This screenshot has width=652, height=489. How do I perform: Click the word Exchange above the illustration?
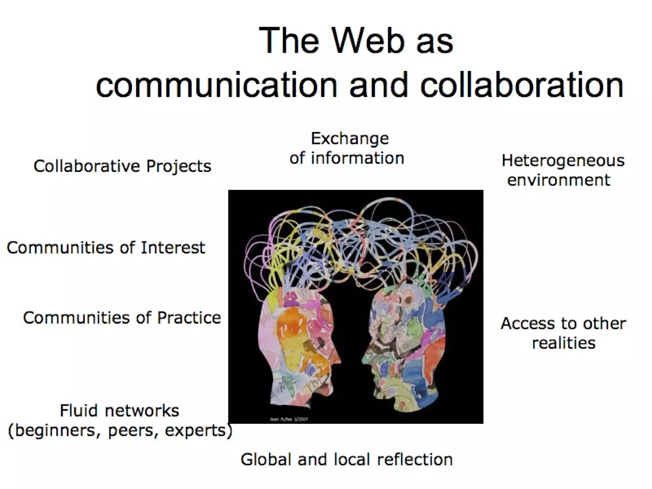pyautogui.click(x=350, y=139)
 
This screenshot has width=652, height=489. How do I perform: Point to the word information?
pyautogui.click(x=357, y=158)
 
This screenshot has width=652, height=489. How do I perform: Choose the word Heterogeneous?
pyautogui.click(x=563, y=161)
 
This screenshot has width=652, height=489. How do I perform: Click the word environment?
pyautogui.click(x=559, y=180)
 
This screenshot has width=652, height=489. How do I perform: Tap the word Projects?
pyautogui.click(x=179, y=167)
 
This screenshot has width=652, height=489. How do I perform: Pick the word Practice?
pyautogui.click(x=189, y=318)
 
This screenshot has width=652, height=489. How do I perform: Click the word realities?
pyautogui.click(x=563, y=343)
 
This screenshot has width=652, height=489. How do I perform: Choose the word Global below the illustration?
pyautogui.click(x=266, y=460)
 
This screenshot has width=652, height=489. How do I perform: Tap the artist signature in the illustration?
pyautogui.click(x=288, y=419)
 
